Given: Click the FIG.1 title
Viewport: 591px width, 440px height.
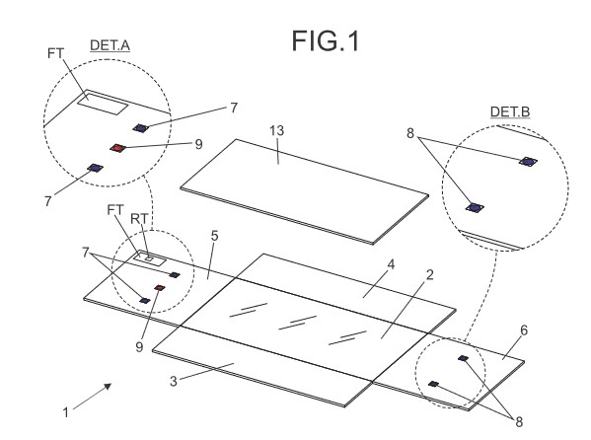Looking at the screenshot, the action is tap(326, 41).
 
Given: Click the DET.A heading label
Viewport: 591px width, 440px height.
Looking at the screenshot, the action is tap(111, 45).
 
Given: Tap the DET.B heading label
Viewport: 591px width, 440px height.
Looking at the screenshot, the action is tap(510, 111).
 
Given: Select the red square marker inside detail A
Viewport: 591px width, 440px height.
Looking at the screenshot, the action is tap(118, 148).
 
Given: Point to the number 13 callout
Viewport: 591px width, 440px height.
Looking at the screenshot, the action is tap(276, 130).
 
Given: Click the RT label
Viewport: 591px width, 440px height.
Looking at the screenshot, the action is tap(139, 219).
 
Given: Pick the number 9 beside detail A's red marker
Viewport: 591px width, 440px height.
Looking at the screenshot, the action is tap(198, 144).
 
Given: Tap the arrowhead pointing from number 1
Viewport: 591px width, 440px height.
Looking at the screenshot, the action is tap(108, 387).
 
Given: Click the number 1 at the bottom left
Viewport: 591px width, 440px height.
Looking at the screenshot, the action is tap(66, 412).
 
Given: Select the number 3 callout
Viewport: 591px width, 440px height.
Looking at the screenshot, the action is tap(174, 381).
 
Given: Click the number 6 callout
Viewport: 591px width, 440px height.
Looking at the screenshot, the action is tap(524, 330).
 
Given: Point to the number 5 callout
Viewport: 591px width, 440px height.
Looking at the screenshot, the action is tap(214, 236).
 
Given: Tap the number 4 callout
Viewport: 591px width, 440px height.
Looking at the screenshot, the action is tap(392, 264).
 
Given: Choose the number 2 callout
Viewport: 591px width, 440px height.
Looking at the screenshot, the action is tap(429, 275).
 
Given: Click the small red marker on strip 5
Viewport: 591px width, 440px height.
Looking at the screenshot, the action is tap(160, 288).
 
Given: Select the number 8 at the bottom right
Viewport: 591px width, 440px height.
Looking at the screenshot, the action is tap(519, 422).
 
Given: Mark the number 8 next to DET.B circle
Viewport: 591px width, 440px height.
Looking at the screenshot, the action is tap(410, 133).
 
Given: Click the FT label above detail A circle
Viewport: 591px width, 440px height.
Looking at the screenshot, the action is tap(56, 53).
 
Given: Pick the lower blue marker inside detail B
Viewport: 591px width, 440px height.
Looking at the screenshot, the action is tap(475, 208).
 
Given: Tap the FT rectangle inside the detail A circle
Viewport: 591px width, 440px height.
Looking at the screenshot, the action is tap(103, 104).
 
